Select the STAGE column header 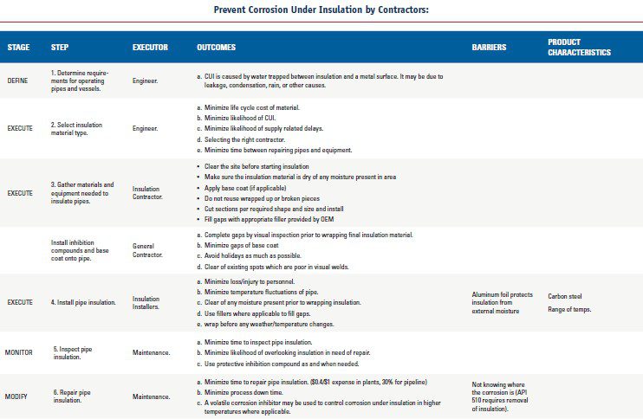click(x=18, y=47)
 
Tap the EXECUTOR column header click(x=150, y=47)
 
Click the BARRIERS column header click(x=490, y=47)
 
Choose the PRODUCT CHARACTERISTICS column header click(x=579, y=47)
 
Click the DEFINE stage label click(x=17, y=80)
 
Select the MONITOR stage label click(x=19, y=352)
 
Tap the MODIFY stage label click(x=17, y=396)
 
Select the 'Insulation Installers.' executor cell click(x=146, y=301)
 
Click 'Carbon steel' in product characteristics click(x=564, y=296)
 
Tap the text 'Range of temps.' click(x=569, y=309)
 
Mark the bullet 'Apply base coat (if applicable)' click(x=250, y=187)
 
